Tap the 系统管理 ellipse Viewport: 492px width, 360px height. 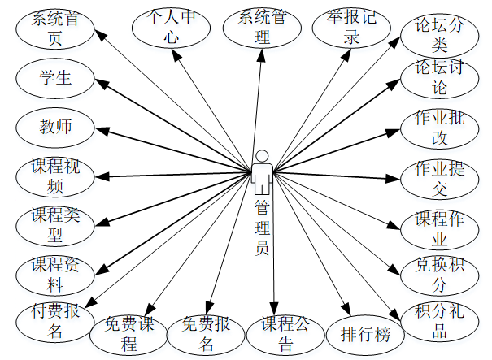click(x=261, y=27)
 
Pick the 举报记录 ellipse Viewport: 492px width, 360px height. click(x=352, y=27)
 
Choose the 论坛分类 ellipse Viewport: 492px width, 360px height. click(x=440, y=36)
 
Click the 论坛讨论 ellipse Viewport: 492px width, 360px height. click(x=440, y=77)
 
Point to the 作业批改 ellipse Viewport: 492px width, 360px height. click(x=440, y=128)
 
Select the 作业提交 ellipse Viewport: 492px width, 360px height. click(x=440, y=178)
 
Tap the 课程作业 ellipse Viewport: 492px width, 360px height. click(x=440, y=228)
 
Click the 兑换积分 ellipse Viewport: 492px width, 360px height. click(x=440, y=275)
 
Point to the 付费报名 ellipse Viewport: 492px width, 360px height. click(x=54, y=320)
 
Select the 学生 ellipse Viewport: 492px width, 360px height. click(x=54, y=79)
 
